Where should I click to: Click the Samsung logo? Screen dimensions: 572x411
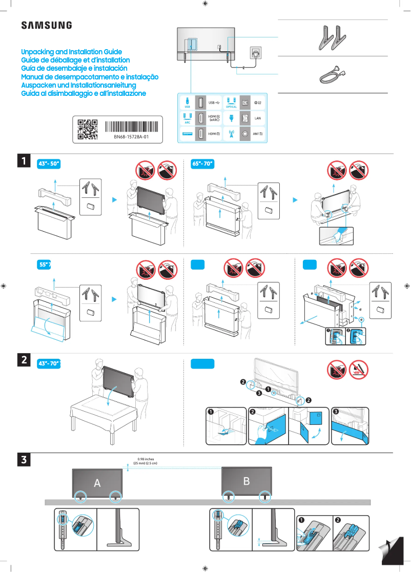46,25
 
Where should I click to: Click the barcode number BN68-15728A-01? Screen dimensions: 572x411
131,137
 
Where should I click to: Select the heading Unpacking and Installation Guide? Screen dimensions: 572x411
71,52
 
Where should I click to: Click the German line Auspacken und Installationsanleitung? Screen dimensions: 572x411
78,85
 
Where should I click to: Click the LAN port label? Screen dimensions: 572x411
258,118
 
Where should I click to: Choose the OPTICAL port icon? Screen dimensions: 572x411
231,101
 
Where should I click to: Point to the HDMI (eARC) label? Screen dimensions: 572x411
214,118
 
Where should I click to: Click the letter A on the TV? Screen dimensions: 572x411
97,483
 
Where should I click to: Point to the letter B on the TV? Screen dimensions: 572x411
246,481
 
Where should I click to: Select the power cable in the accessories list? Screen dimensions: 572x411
329,74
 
